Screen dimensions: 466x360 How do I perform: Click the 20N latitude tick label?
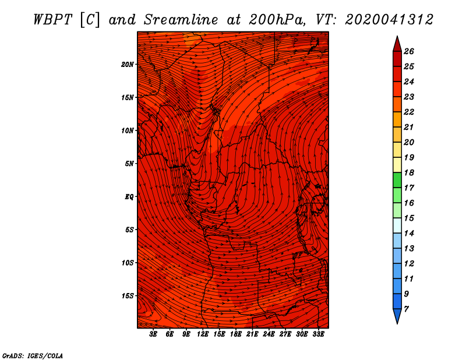128,65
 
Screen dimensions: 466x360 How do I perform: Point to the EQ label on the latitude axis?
129,197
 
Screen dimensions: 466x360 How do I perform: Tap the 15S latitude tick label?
128,296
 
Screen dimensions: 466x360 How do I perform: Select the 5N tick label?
129,164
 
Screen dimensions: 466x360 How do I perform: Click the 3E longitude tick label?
153,334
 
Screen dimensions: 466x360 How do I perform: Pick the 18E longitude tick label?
236,334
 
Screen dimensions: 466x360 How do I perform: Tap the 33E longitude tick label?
318,334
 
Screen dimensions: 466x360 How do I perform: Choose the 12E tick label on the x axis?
203,334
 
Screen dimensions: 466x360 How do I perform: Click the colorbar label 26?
409,51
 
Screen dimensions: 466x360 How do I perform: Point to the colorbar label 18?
409,172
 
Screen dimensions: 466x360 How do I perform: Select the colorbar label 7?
406,309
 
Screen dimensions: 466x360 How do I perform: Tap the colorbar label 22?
409,112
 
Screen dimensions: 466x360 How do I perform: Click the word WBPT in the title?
52,20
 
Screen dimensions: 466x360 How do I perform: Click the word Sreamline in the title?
181,20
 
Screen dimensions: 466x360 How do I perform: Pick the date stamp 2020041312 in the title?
389,20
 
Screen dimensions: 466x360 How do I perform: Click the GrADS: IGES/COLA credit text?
33,356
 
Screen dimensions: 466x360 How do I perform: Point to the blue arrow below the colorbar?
397,315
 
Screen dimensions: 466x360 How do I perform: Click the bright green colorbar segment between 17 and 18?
397,180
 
